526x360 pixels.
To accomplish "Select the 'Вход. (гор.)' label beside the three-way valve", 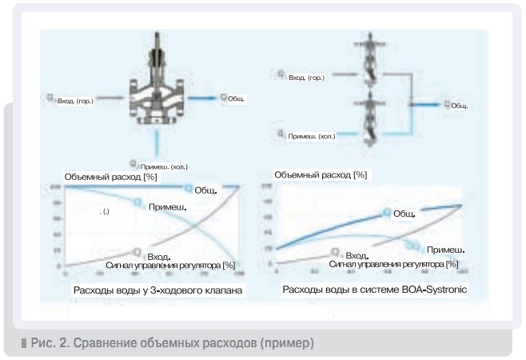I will pos(74,101).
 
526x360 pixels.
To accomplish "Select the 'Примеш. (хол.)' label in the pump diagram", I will pos(313,136).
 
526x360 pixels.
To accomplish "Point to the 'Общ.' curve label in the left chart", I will pos(206,192).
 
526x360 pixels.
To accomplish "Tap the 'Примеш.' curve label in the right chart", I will pos(445,250).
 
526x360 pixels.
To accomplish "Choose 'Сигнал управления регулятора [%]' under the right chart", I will pos(395,263).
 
